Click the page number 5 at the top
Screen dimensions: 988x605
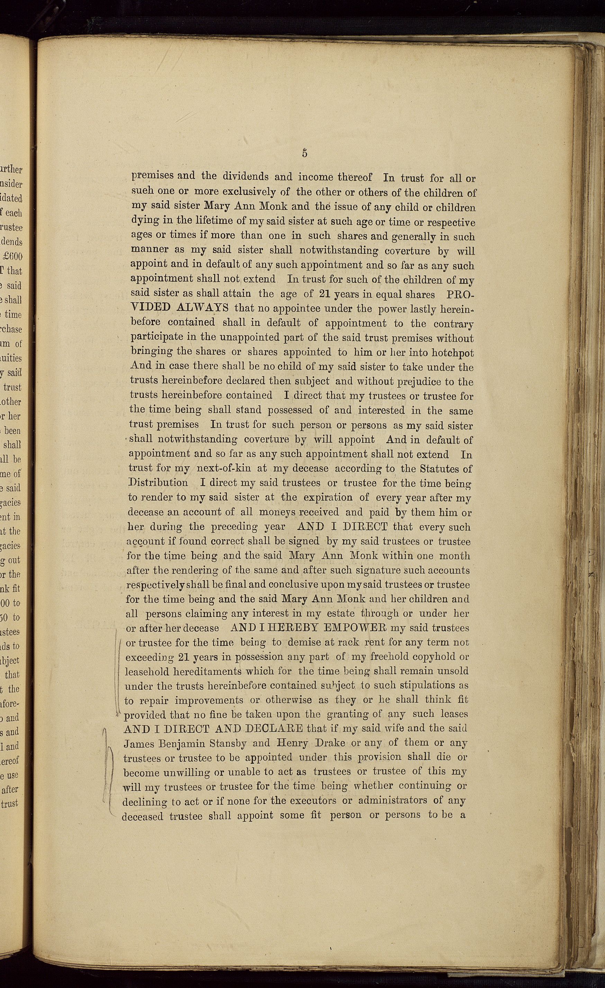click(x=305, y=153)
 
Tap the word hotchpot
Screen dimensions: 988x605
click(x=453, y=353)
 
